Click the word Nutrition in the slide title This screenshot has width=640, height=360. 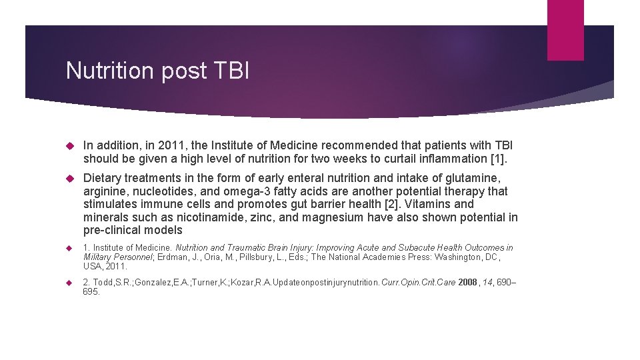click(x=111, y=71)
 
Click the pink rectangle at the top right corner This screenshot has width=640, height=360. click(x=565, y=30)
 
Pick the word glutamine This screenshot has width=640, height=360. click(x=475, y=179)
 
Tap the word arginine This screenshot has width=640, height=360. click(x=105, y=192)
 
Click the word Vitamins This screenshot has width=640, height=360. click(x=429, y=205)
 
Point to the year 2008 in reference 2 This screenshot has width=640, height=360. click(x=467, y=283)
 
